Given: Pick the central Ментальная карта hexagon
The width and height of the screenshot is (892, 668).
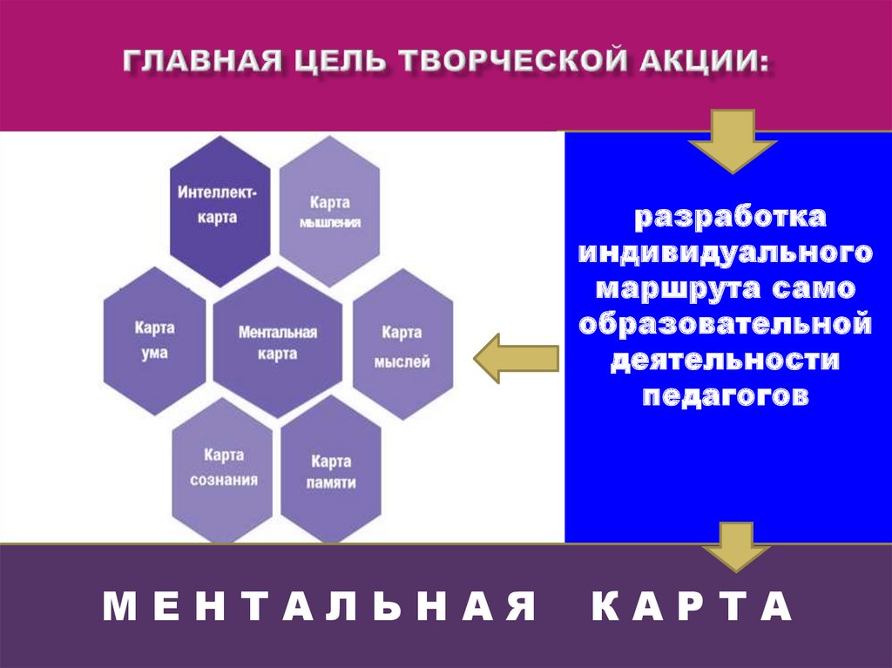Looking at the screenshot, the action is pos(278,342).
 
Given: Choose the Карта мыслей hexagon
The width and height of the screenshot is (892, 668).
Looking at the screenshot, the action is pos(402,346).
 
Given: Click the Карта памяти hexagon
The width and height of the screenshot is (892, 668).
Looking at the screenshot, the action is pos(331,471).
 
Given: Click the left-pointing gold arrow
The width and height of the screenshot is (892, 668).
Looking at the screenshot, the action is pos(515,358).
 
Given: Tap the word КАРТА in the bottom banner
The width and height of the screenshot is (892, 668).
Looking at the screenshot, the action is pos(693,606).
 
